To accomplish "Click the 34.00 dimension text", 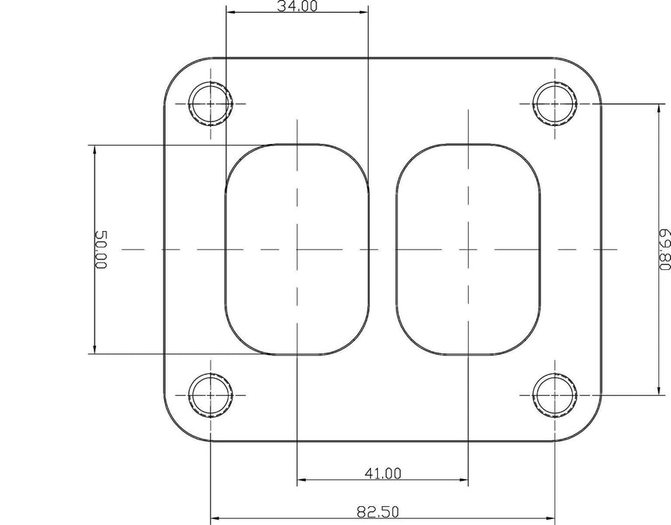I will point(297,7).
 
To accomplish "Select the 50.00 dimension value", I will point(101,250).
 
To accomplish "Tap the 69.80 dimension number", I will point(663,250).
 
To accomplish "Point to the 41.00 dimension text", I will point(382,472).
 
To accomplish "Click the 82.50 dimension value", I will point(378,513).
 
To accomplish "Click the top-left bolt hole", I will point(211,103).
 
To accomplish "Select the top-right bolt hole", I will point(555,103).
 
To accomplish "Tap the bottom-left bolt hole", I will point(211,393).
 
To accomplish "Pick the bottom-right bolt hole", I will point(555,393).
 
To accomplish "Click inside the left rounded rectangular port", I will point(297,249).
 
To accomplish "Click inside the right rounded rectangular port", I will point(469,249).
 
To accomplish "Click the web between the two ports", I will point(382,249).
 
